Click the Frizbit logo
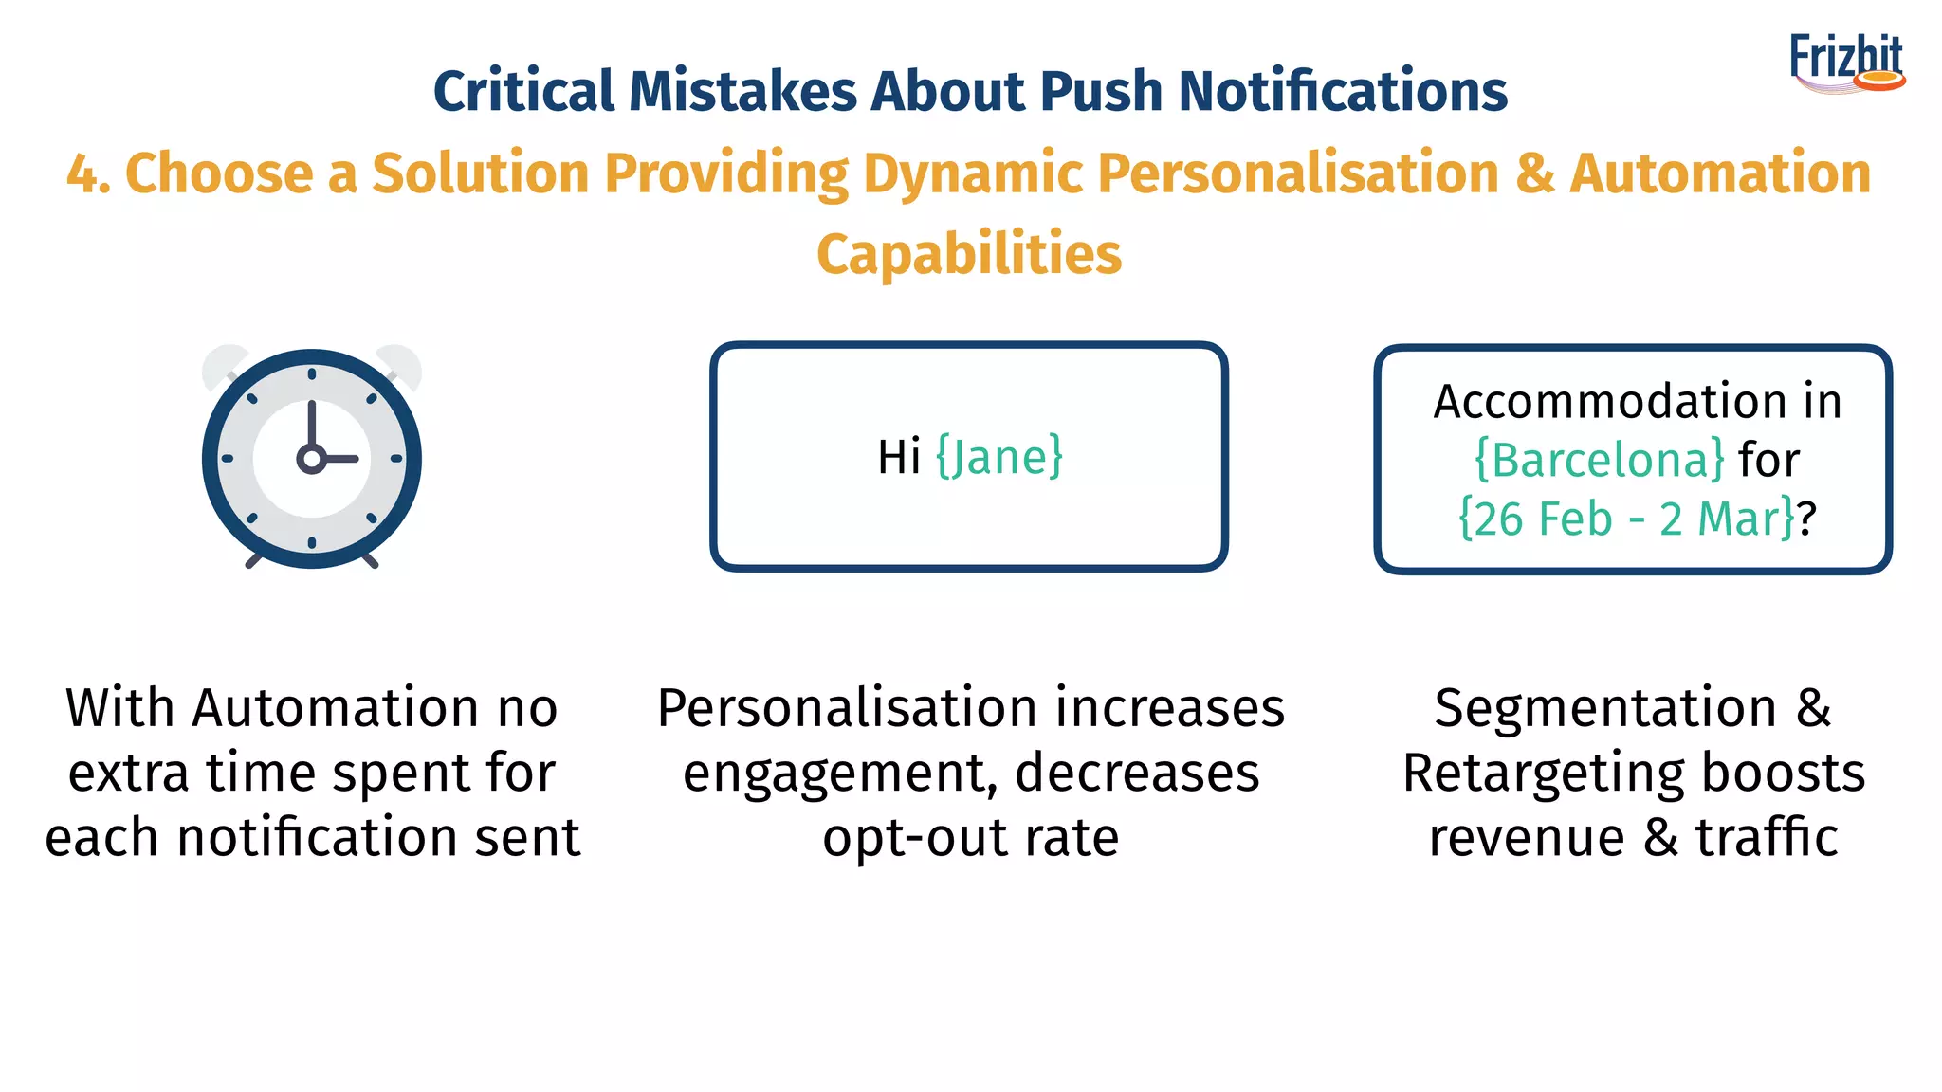1846,63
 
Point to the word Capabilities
969,254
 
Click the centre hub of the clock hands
311,460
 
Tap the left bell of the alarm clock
223,364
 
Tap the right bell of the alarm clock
400,364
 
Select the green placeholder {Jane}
999,457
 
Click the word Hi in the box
898,457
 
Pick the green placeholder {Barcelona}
1599,461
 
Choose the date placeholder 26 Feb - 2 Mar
1626,519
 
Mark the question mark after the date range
1807,519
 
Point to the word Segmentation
1605,709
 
